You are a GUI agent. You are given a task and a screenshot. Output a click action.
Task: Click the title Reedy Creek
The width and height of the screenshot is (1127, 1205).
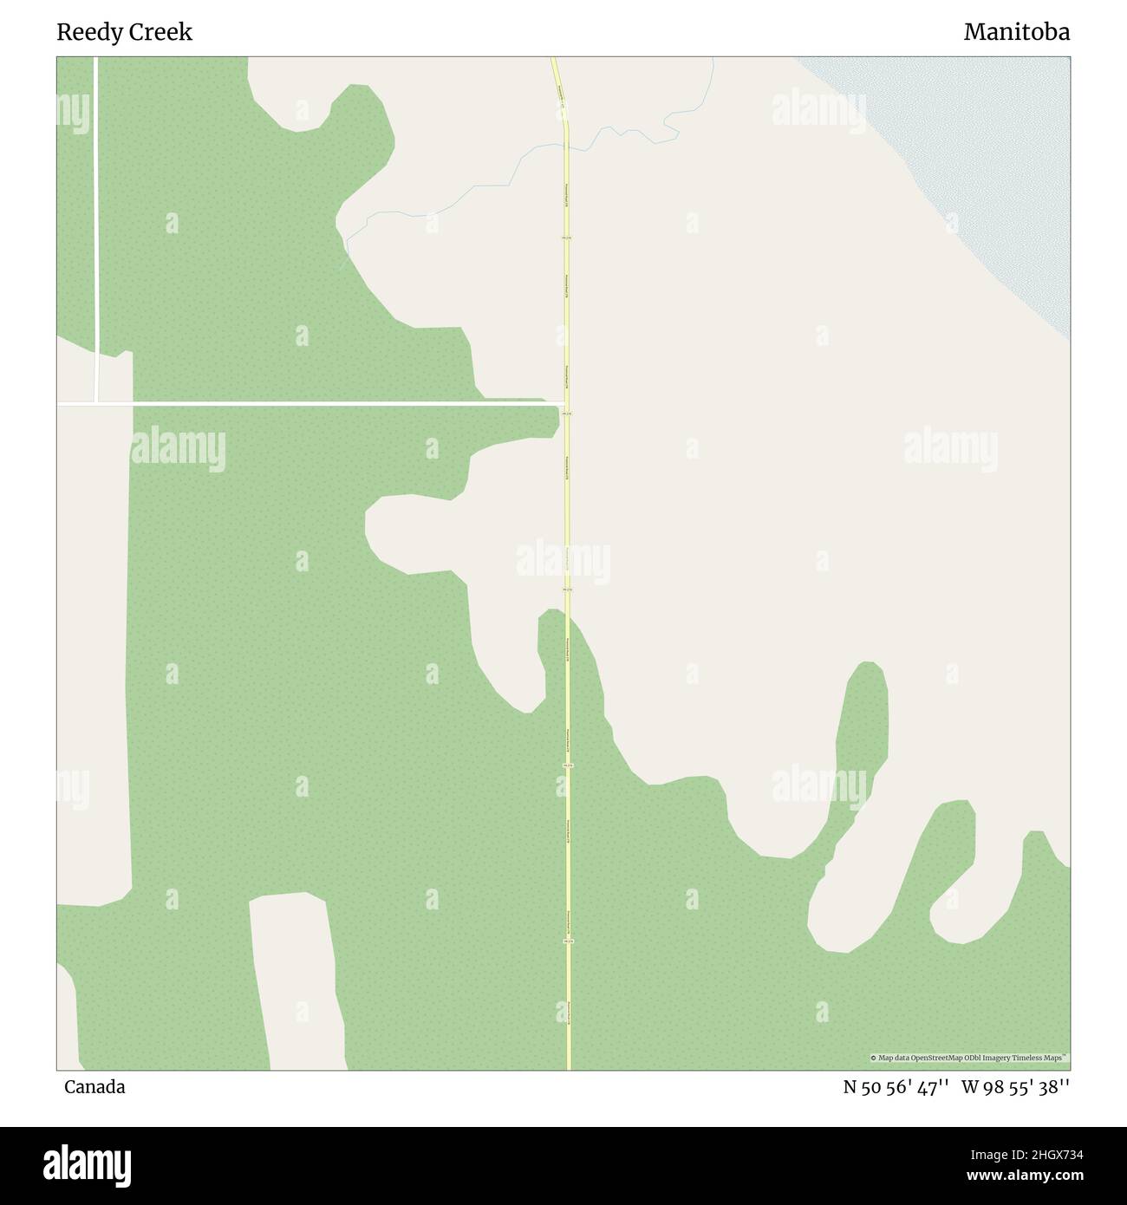124,32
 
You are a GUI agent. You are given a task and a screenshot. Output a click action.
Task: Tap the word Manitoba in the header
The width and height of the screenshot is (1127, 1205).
1016,32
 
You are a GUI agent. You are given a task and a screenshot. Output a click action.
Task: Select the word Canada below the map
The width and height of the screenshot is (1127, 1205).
94,1086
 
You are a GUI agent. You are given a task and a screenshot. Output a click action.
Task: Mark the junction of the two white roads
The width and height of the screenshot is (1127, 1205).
96,403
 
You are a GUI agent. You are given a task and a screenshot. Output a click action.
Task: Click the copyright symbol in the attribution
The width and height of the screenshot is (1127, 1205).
874,1058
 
